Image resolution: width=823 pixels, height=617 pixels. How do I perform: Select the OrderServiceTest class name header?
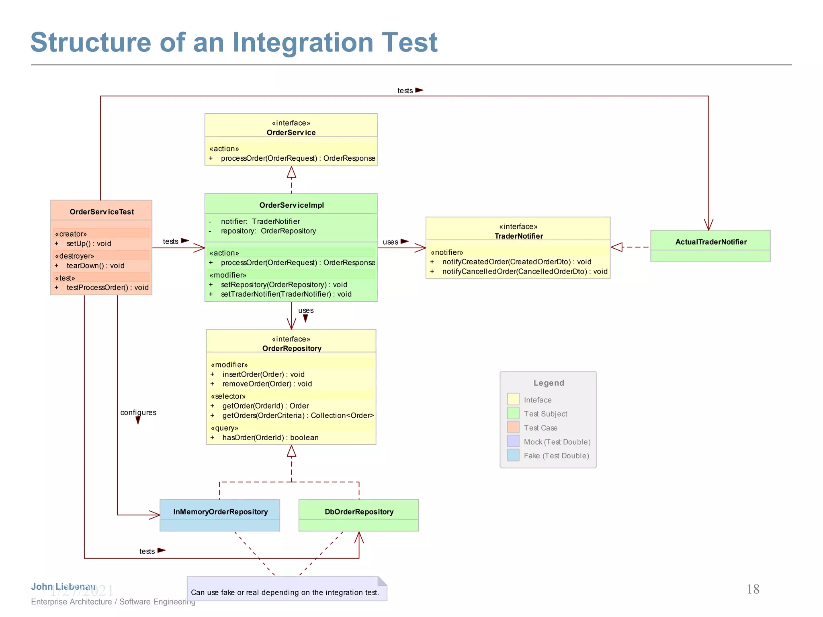click(x=102, y=212)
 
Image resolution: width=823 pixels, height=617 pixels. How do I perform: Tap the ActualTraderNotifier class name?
click(x=710, y=242)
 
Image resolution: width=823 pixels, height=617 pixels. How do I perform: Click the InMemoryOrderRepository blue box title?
click(x=220, y=512)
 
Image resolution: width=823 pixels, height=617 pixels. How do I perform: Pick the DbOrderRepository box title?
click(x=359, y=512)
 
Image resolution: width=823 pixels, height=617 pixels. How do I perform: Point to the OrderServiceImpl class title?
click(x=291, y=205)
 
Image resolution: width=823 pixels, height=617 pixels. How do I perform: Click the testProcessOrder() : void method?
click(x=107, y=288)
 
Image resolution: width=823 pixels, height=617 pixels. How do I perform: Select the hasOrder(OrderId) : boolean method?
click(x=270, y=437)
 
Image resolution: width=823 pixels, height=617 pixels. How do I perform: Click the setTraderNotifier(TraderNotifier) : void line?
click(x=286, y=294)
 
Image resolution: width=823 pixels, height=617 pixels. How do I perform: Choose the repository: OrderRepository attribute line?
click(x=268, y=231)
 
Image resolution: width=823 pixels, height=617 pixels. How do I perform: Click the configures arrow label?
click(x=138, y=413)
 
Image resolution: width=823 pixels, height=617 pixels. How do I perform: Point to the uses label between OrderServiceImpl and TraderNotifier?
click(x=390, y=242)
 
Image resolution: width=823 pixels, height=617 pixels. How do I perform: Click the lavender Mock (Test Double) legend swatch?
click(x=513, y=441)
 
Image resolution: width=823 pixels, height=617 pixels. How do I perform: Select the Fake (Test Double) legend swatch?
click(x=513, y=455)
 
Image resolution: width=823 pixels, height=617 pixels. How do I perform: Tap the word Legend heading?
click(x=549, y=383)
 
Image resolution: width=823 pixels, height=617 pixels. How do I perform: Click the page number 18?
click(x=753, y=589)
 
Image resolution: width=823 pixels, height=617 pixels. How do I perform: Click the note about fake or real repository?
click(x=285, y=592)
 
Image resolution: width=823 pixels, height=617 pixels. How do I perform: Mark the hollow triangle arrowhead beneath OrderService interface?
click(x=291, y=173)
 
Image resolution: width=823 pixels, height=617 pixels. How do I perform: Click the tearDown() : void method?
click(x=95, y=266)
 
